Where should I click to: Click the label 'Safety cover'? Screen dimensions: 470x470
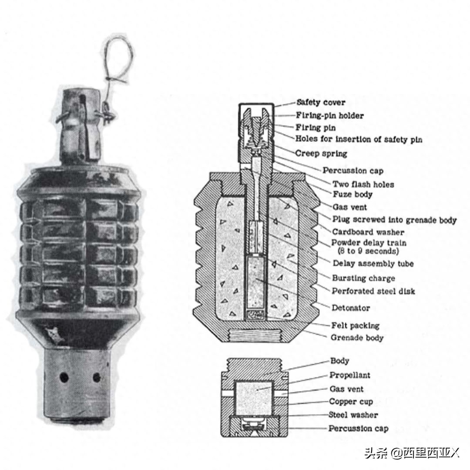321,103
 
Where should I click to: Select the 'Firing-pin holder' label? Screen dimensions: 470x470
330,115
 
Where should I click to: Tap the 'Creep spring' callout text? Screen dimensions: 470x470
321,154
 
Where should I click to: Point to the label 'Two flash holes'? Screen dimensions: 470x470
363,184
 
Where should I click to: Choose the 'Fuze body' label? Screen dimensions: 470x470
352,194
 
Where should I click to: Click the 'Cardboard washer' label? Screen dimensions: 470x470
368,232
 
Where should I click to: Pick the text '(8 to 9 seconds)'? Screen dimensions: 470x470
368,251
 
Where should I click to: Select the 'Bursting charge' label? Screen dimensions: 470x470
363,278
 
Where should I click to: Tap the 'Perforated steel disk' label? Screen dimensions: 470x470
373,291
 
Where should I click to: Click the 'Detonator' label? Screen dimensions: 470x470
350,308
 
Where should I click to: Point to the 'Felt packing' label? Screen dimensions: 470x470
355,326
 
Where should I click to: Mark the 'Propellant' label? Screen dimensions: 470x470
350,375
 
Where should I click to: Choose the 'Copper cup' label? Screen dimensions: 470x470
351,401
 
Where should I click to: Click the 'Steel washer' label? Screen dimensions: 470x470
353,415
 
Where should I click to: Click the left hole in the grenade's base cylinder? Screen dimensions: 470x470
64,377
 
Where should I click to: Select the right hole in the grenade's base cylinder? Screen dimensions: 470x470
97,377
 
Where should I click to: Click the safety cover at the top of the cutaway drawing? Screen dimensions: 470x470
256,105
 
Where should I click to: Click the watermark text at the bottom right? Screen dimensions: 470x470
412,453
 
